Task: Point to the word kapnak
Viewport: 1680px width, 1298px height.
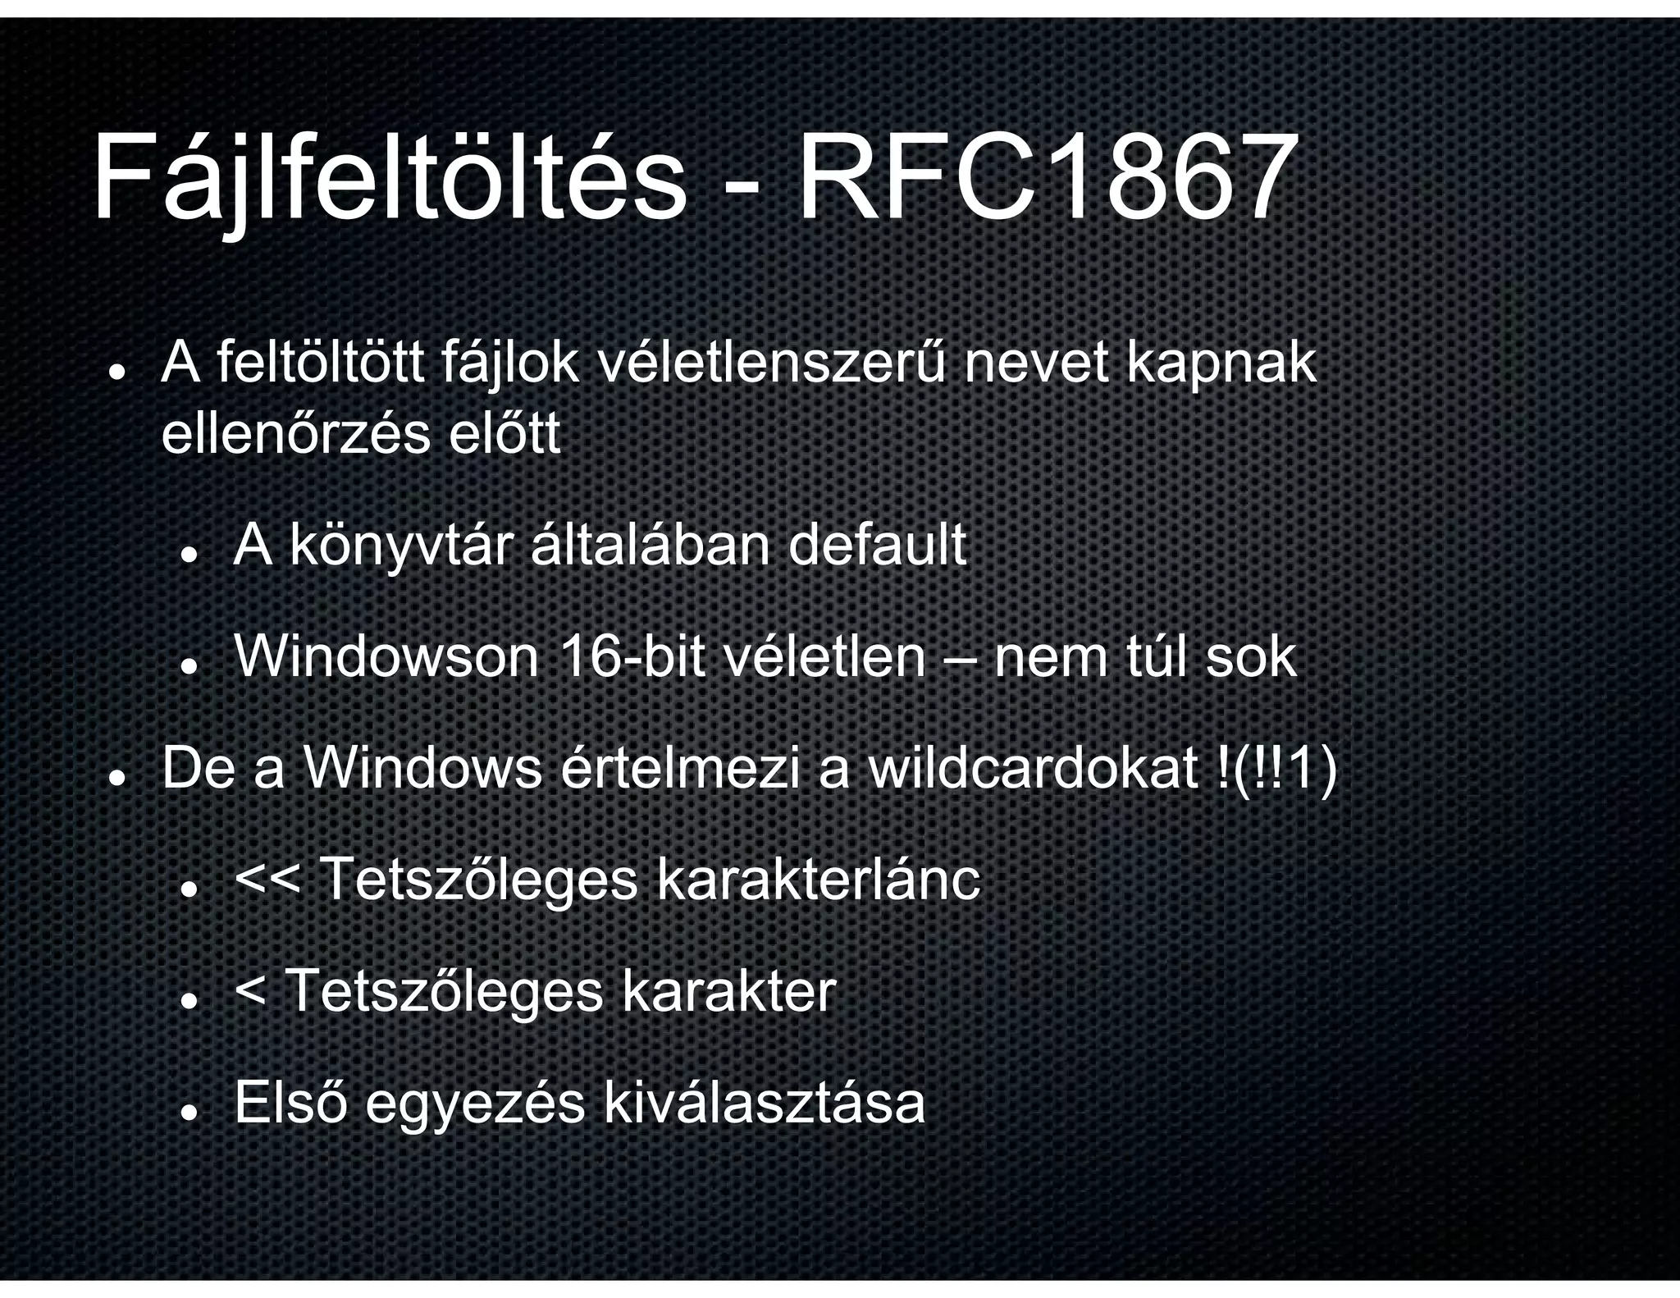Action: point(1221,365)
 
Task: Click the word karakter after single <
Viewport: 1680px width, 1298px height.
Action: point(728,992)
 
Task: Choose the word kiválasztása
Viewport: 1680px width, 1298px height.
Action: point(764,1104)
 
